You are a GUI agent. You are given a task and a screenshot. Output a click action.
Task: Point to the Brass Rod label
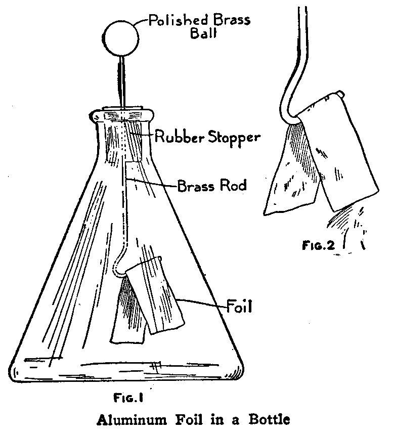(x=212, y=186)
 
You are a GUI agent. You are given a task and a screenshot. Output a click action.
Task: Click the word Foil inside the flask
(x=240, y=306)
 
